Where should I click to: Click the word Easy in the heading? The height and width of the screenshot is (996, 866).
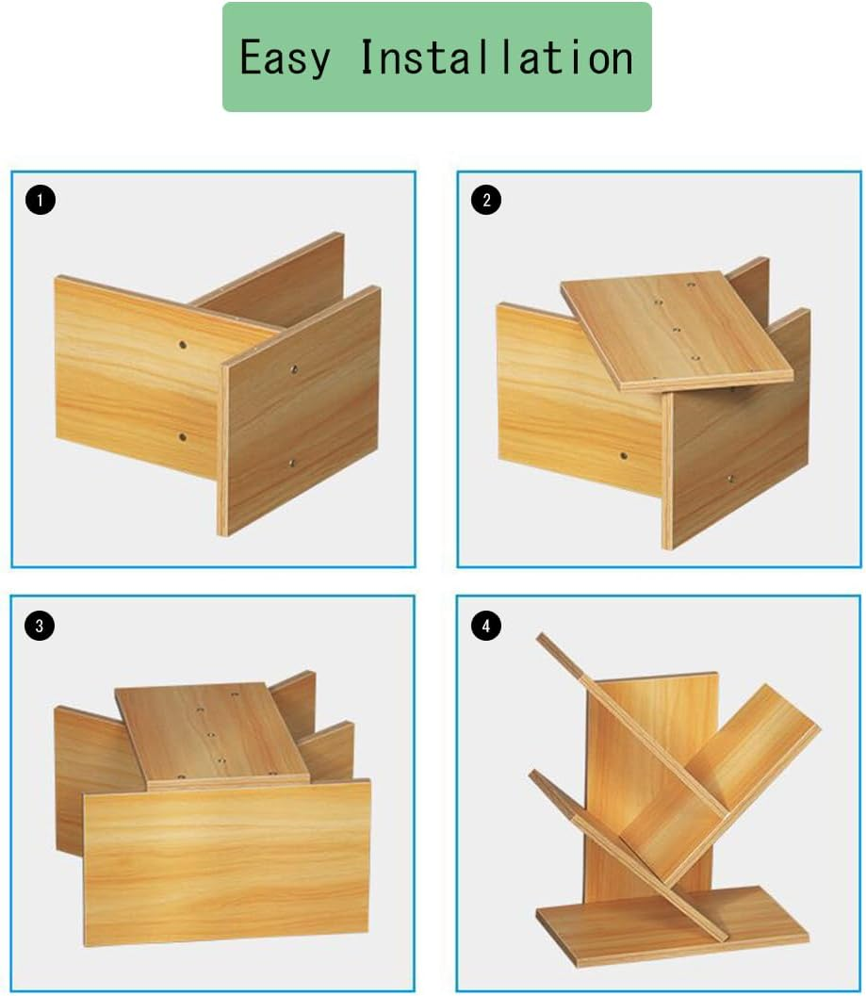click(x=286, y=58)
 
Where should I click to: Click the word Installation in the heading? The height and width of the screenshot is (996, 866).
click(x=497, y=57)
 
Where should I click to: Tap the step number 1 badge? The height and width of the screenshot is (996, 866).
click(x=40, y=200)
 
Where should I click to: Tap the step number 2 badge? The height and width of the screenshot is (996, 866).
click(x=486, y=200)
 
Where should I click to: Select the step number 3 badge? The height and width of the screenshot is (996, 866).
click(x=40, y=626)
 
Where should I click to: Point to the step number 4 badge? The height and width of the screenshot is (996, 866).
click(x=486, y=626)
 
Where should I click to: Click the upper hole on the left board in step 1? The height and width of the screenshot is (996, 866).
click(x=183, y=345)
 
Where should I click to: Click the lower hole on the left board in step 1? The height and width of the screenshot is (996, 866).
click(x=183, y=437)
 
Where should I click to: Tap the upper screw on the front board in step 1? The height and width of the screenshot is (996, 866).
click(x=294, y=369)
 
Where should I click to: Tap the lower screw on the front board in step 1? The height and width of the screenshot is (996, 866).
click(x=291, y=464)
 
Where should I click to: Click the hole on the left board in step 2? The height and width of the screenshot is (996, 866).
click(x=624, y=456)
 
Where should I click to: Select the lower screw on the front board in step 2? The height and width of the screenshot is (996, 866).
click(x=730, y=479)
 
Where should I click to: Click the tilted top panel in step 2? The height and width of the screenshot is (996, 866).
click(x=677, y=331)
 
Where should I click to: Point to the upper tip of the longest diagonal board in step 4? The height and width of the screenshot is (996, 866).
click(x=541, y=636)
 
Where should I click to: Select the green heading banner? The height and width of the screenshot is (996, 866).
click(x=437, y=57)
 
